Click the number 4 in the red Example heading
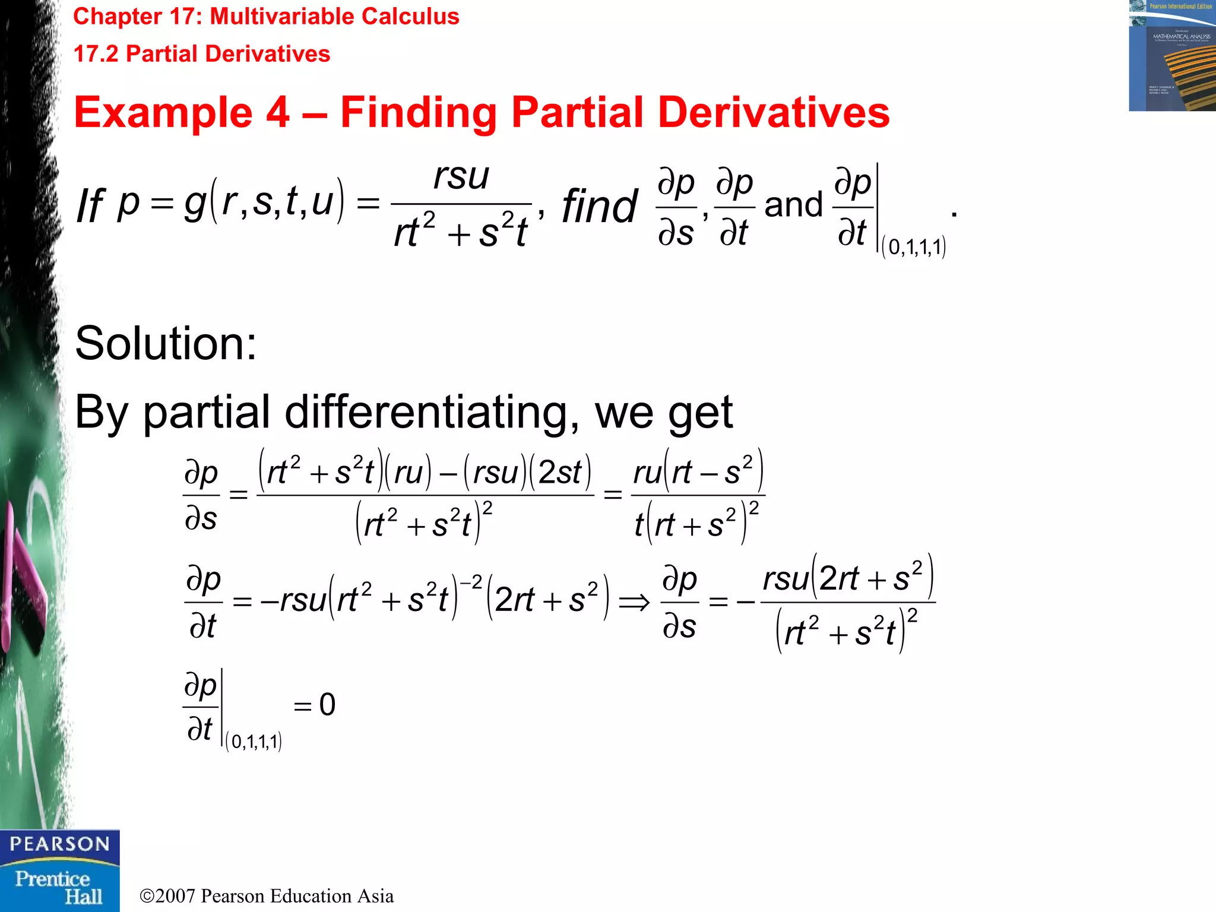pos(278,112)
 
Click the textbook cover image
pos(1172,56)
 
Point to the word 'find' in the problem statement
pos(600,207)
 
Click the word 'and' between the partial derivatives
pos(793,205)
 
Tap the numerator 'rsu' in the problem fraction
pos(461,176)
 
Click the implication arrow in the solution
pos(634,603)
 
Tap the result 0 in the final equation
pos(327,705)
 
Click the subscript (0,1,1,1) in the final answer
pos(254,742)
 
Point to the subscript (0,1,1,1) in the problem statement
pos(914,246)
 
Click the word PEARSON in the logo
pos(59,844)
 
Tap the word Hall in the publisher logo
pos(83,897)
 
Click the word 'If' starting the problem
pos(90,207)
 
